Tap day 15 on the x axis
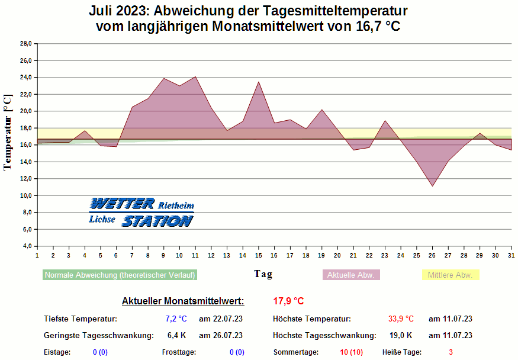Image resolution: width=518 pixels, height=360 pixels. [x=258, y=255]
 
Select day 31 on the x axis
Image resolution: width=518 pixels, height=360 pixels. [x=511, y=255]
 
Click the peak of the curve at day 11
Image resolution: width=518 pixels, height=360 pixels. [x=195, y=76]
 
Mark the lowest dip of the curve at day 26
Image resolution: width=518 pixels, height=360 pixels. [x=433, y=187]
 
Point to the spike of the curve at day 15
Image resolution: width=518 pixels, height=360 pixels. [x=259, y=82]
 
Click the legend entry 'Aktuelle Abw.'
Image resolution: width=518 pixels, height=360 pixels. [x=351, y=275]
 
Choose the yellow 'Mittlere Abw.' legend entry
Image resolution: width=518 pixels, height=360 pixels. [x=450, y=275]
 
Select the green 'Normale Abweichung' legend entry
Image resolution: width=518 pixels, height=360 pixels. [x=120, y=275]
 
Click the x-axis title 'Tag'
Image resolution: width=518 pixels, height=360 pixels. [x=263, y=274]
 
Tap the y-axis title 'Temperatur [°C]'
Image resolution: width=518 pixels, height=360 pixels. [x=8, y=132]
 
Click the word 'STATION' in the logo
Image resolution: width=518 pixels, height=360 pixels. [x=157, y=221]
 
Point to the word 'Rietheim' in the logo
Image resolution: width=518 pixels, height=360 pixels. [x=176, y=205]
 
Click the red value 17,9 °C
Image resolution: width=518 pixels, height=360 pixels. [x=288, y=301]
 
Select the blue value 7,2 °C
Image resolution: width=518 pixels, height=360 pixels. [x=176, y=319]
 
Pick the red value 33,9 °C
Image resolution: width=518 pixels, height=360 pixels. [x=401, y=319]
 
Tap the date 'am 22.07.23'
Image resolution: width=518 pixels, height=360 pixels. [x=221, y=319]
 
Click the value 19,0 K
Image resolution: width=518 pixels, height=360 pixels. [x=401, y=335]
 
